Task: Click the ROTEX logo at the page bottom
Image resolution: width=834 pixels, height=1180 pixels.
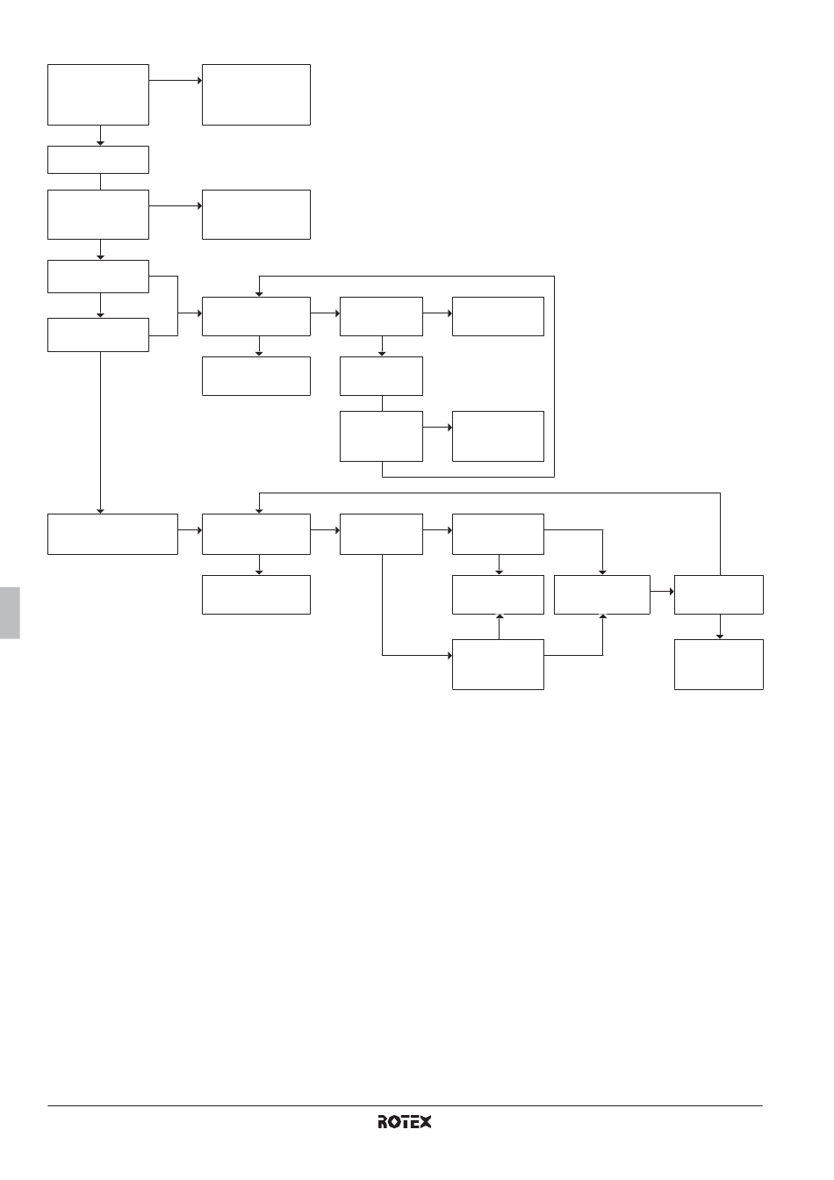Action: click(404, 1121)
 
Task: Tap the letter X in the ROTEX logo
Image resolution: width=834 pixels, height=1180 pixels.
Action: click(425, 1121)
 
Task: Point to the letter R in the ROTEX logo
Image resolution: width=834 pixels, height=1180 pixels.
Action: click(383, 1121)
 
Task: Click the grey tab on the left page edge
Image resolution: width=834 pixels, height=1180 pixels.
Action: click(10, 613)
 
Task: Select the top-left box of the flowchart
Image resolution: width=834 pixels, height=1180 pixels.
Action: click(98, 95)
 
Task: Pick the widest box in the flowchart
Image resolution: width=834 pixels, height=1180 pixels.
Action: click(112, 534)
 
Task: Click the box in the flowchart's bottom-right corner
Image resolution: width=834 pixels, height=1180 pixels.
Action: click(719, 665)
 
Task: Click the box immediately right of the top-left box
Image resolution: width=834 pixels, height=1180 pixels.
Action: click(256, 95)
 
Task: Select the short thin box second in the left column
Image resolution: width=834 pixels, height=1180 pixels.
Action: click(98, 160)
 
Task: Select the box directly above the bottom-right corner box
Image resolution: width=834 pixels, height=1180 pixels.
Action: click(719, 594)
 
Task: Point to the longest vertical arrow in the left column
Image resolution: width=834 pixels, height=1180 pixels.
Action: click(100, 433)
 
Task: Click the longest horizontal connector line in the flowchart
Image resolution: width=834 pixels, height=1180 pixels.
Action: click(490, 493)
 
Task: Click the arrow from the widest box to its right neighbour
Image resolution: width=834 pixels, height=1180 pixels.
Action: click(191, 530)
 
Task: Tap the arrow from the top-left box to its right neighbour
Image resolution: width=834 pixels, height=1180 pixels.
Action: click(176, 81)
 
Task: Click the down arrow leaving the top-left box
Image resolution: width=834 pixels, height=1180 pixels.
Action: click(100, 135)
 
